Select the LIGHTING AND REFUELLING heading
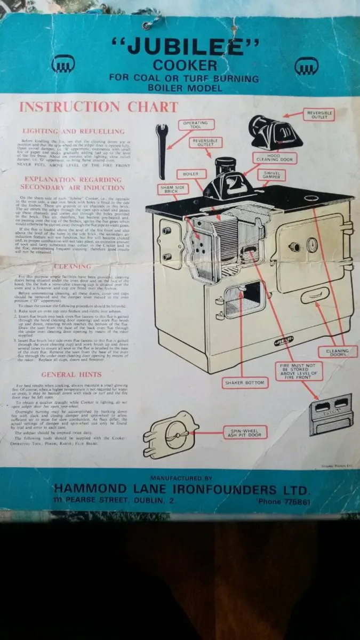coord(74,131)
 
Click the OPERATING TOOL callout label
coord(195,125)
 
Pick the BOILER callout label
coord(191,174)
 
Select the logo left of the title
coord(59,66)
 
